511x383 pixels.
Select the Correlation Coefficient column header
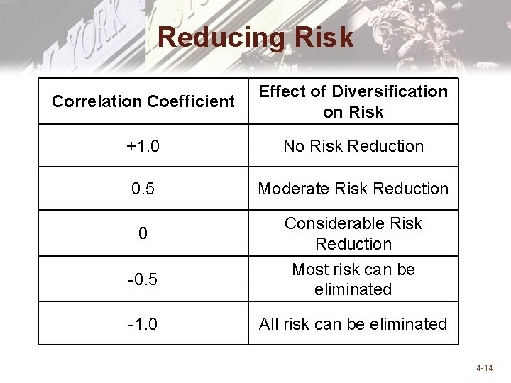pyautogui.click(x=143, y=101)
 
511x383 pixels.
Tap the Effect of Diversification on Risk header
pyautogui.click(x=353, y=101)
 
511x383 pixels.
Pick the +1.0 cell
pyautogui.click(x=143, y=146)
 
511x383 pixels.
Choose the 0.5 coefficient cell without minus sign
pyautogui.click(x=143, y=189)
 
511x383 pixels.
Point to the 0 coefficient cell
pyautogui.click(x=143, y=233)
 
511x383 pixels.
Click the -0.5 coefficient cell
pyautogui.click(x=143, y=279)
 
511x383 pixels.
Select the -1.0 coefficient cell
pyautogui.click(x=143, y=324)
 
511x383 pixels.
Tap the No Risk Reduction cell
pyautogui.click(x=353, y=146)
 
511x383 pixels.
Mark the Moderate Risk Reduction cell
pyautogui.click(x=353, y=189)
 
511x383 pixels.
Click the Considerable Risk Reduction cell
pyautogui.click(x=353, y=233)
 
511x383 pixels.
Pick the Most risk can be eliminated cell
pyautogui.click(x=353, y=279)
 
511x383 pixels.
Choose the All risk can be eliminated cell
pyautogui.click(x=353, y=324)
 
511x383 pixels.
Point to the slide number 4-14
pyautogui.click(x=485, y=368)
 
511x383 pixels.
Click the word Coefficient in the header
pyautogui.click(x=190, y=101)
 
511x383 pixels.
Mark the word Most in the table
pyautogui.click(x=309, y=270)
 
